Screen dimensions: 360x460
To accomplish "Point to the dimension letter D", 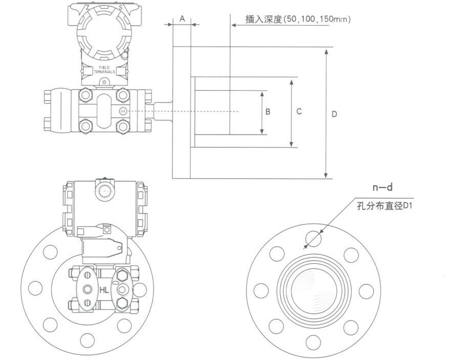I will click(x=334, y=114).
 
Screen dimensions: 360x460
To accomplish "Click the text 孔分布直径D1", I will click(x=385, y=206).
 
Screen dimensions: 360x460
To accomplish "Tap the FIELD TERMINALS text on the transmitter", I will click(x=104, y=70).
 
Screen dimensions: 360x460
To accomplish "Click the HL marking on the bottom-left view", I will click(x=104, y=290).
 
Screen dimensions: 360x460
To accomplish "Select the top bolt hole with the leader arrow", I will click(x=313, y=239).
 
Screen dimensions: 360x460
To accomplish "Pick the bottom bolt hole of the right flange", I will click(x=313, y=340).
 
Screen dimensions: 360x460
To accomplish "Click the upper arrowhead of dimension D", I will click(x=327, y=51).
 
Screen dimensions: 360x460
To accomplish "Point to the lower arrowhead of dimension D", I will click(x=327, y=176).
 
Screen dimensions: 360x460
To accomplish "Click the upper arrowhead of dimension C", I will click(x=291, y=81).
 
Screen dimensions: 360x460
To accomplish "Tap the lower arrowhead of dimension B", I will click(x=262, y=132).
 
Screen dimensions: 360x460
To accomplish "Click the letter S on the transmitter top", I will click(x=120, y=7).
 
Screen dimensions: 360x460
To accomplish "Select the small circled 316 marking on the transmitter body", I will click(x=122, y=111).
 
